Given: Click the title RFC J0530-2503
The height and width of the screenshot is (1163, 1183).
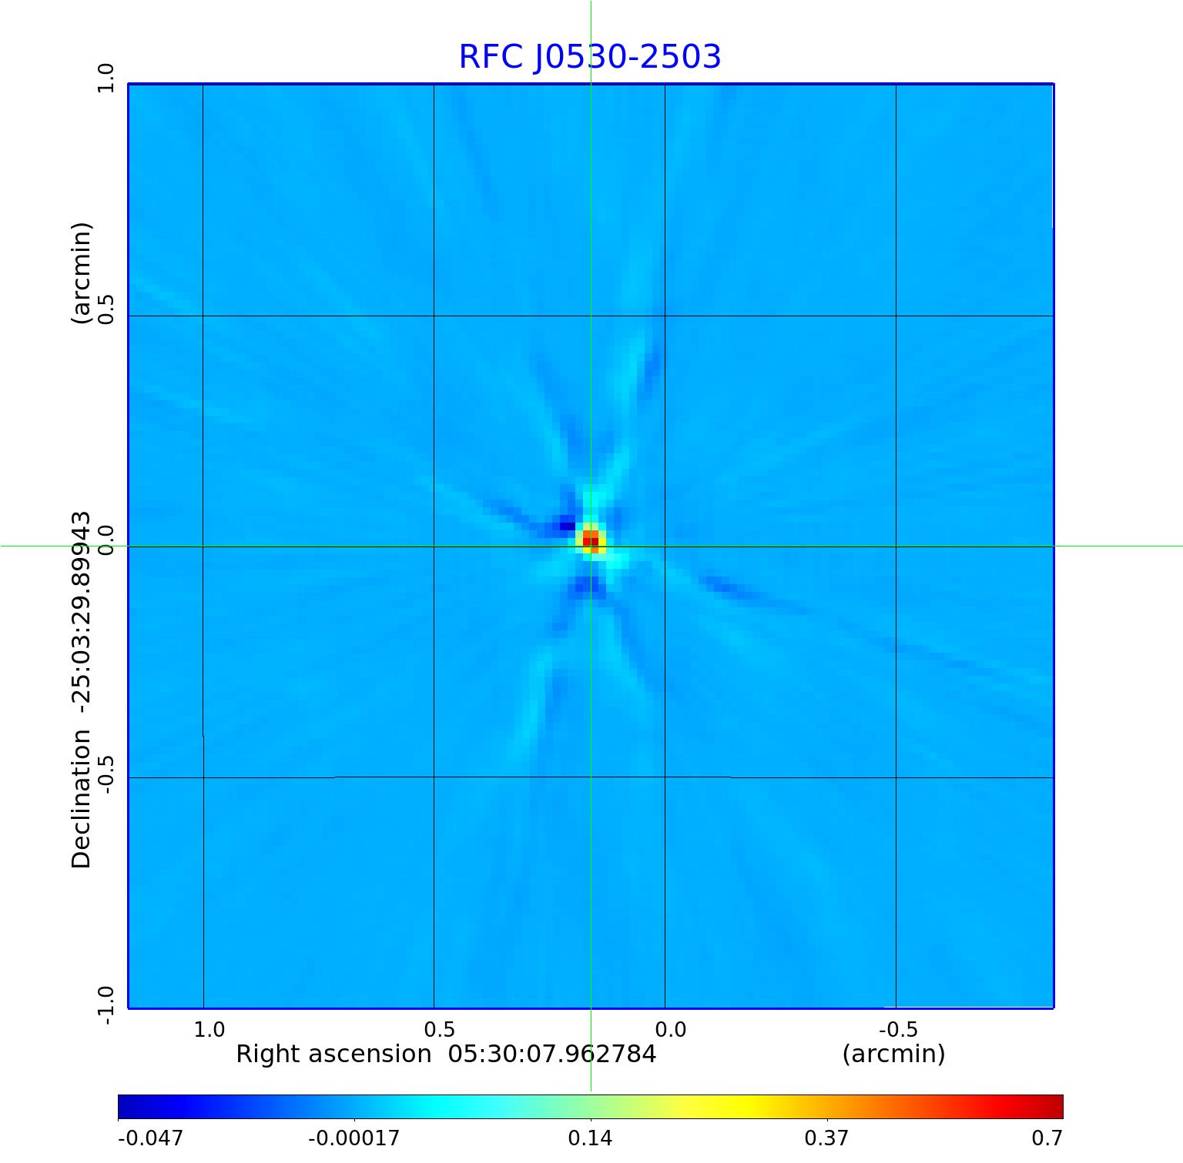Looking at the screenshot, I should pyautogui.click(x=590, y=57).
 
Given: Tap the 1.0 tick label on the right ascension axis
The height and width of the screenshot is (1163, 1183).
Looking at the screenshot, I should pyautogui.click(x=209, y=1029).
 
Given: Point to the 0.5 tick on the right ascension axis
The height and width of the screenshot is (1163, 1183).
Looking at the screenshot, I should pyautogui.click(x=440, y=1029).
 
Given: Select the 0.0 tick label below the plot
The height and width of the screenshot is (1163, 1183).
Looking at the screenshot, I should pyautogui.click(x=670, y=1029).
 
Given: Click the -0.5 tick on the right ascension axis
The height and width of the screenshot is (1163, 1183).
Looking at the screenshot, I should pyautogui.click(x=898, y=1029).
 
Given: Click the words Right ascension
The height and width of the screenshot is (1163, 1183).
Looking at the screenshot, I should pyautogui.click(x=333, y=1054).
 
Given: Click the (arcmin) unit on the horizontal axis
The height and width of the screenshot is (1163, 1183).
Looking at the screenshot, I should pyautogui.click(x=893, y=1054).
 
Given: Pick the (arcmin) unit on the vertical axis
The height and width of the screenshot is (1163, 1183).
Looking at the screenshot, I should pyautogui.click(x=82, y=273).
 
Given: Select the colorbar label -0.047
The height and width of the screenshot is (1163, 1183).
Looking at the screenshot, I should pyautogui.click(x=150, y=1138).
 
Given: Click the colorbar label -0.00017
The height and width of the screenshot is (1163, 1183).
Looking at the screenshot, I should pyautogui.click(x=354, y=1138).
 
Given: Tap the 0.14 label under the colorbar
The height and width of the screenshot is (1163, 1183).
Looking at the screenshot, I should pyautogui.click(x=590, y=1138).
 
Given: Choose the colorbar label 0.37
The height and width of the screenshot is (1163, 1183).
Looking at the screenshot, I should pyautogui.click(x=826, y=1138).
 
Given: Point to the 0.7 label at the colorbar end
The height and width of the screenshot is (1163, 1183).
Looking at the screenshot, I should pyautogui.click(x=1047, y=1138).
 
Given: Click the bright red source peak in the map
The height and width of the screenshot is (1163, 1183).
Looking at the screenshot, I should pyautogui.click(x=590, y=540).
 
